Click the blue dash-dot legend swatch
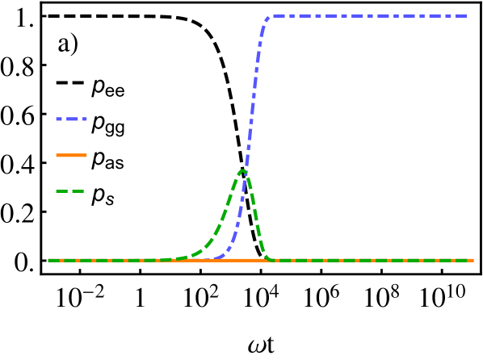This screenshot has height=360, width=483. [71, 119]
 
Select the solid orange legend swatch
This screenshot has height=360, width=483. [71, 155]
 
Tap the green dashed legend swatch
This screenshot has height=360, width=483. [70, 191]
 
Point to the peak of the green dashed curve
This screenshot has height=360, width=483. [242, 170]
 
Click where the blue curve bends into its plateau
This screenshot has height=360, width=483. [270, 18]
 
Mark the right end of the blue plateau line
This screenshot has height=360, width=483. [466, 15]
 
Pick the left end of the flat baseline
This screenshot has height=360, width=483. [48, 260]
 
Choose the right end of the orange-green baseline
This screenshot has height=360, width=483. [473, 260]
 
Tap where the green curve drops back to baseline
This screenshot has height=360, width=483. [270, 259]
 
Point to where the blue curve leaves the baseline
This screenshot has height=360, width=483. [216, 258]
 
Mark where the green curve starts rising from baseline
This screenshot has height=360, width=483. [166, 259]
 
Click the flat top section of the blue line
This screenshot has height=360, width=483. [372, 15]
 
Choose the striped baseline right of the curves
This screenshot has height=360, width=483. [372, 260]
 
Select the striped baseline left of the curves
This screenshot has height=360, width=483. [105, 260]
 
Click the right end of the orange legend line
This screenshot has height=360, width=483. [86, 155]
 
